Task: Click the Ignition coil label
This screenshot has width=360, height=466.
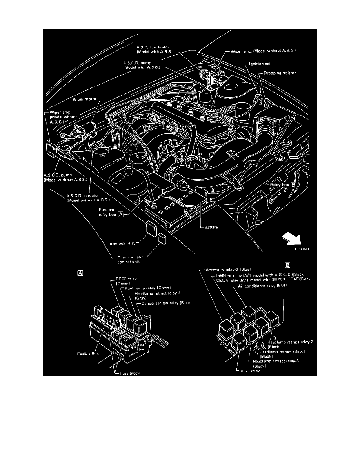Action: [x=262, y=63]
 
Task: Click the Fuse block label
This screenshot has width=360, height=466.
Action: [x=130, y=373]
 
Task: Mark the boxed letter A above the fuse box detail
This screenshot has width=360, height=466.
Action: [x=80, y=273]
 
